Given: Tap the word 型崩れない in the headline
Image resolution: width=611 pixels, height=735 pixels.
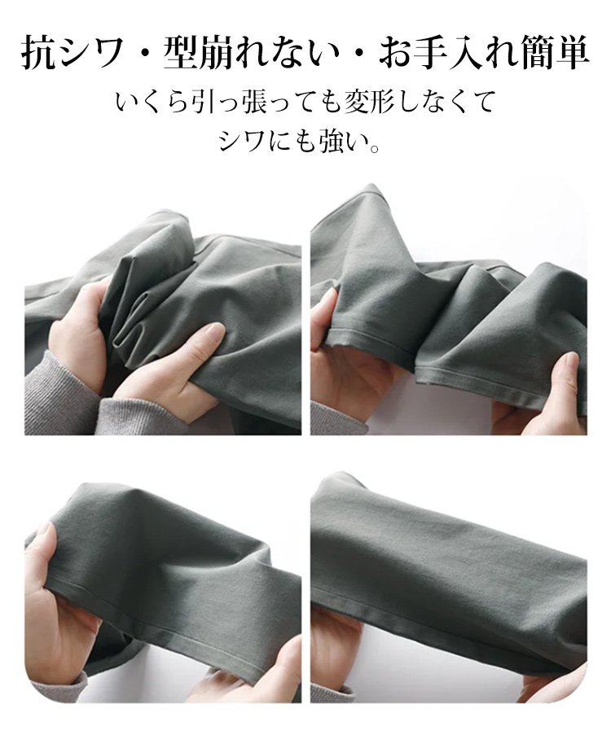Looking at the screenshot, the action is pyautogui.click(x=251, y=54).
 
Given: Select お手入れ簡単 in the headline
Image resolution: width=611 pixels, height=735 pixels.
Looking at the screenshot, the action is pyautogui.click(x=483, y=54).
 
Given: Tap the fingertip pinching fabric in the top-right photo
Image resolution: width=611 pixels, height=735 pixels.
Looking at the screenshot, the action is pyautogui.click(x=571, y=364).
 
